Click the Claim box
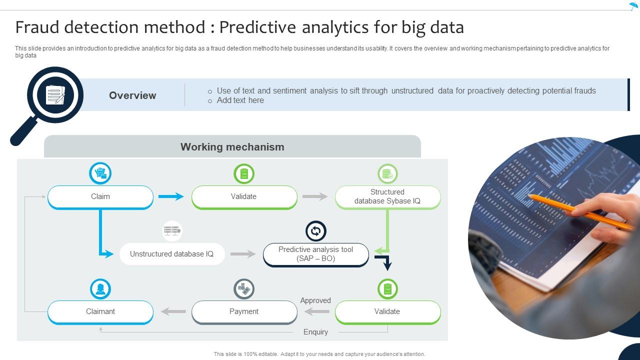click(x=100, y=196)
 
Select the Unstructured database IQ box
click(x=171, y=254)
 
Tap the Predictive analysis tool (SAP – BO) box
click(x=315, y=254)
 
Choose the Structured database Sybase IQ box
click(x=387, y=196)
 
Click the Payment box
click(x=244, y=311)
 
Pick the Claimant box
click(x=100, y=311)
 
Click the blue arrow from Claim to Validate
click(x=171, y=196)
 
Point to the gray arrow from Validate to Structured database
click(x=315, y=196)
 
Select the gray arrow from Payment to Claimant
click(x=173, y=311)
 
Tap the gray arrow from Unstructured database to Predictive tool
click(x=243, y=254)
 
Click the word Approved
click(x=315, y=300)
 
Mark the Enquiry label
click(x=315, y=332)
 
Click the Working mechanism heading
click(x=232, y=147)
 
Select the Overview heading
click(x=132, y=95)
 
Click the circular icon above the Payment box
click(x=244, y=288)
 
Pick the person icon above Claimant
click(x=100, y=288)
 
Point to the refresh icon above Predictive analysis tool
click(x=315, y=231)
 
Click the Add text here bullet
click(x=240, y=100)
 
